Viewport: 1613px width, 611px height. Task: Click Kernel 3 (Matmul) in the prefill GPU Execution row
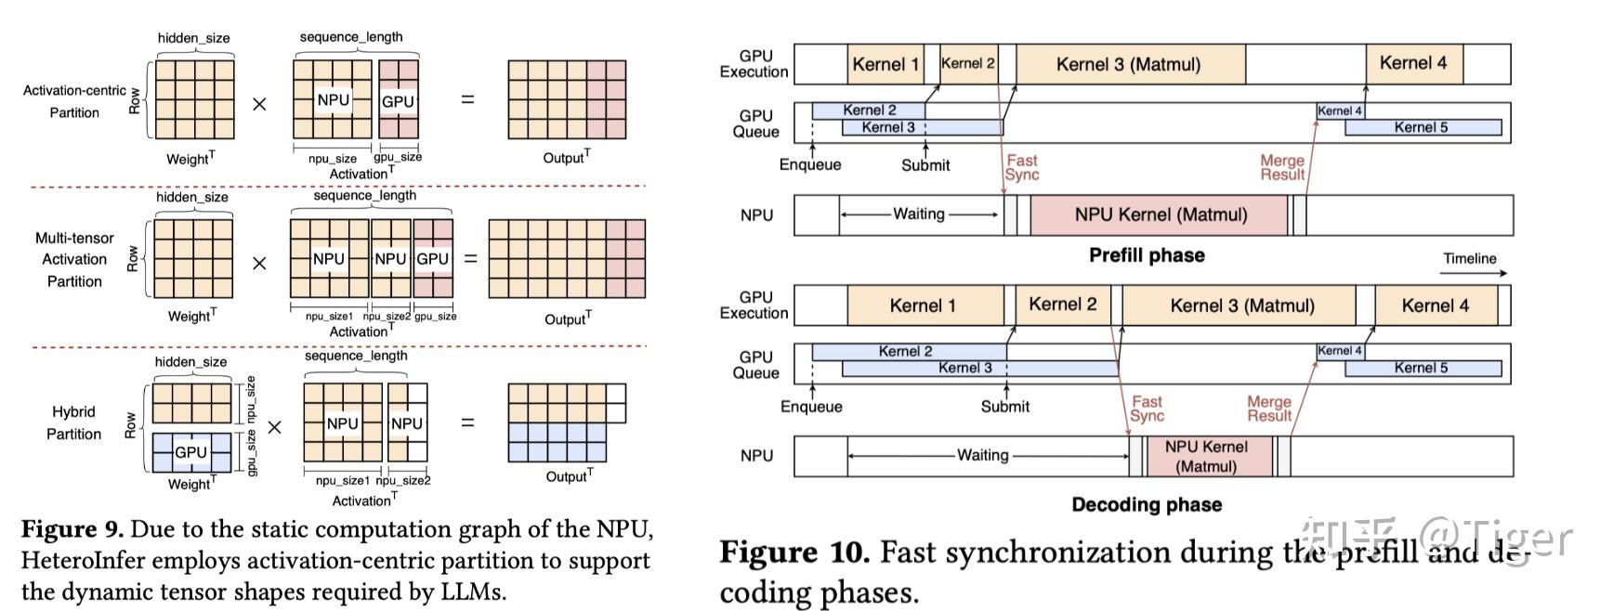tap(1129, 64)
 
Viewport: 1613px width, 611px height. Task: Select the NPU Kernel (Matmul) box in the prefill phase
tap(1161, 214)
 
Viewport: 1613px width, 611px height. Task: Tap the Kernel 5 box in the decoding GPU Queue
tap(1422, 368)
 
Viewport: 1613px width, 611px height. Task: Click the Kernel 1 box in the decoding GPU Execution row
tap(923, 305)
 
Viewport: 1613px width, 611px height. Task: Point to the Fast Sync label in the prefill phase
tap(1022, 167)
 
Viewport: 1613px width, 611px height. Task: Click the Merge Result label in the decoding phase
tap(1269, 409)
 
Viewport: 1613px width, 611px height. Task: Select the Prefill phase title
tap(1147, 255)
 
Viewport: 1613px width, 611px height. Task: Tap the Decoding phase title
tap(1147, 504)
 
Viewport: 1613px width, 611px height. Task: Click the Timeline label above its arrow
tap(1470, 258)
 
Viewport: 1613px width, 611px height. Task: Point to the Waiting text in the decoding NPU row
tap(983, 455)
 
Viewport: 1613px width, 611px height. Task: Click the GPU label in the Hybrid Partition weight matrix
tap(191, 452)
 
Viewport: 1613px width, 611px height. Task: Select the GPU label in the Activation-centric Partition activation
tap(398, 101)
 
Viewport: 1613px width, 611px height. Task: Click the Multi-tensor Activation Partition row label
tap(74, 259)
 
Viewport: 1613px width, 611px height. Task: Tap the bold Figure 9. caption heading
tap(72, 529)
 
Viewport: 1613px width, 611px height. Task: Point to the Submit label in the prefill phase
tap(925, 165)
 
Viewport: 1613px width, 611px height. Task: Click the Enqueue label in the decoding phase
tap(811, 407)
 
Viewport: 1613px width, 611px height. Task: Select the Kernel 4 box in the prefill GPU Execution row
tap(1413, 63)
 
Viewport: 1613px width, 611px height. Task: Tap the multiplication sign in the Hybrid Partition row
tap(275, 427)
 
